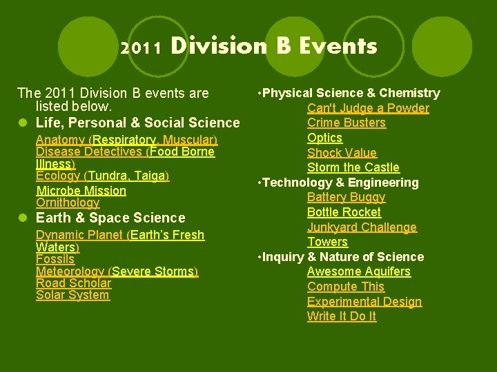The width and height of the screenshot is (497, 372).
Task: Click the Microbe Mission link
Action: pyautogui.click(x=81, y=191)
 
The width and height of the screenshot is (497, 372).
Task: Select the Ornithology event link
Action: pyautogui.click(x=68, y=203)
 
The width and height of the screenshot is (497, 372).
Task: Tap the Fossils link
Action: pyautogui.click(x=55, y=259)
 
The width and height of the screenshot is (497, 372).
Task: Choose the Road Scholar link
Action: pyautogui.click(x=73, y=283)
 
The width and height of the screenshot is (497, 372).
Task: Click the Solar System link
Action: pyautogui.click(x=72, y=295)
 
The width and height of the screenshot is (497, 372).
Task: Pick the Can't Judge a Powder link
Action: pyautogui.click(x=368, y=108)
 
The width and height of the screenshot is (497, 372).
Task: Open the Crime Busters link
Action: pyautogui.click(x=346, y=123)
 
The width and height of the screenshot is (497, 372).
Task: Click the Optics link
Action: pyautogui.click(x=324, y=138)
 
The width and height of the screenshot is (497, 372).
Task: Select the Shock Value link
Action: pyautogui.click(x=342, y=153)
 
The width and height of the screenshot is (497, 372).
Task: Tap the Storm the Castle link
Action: pyautogui.click(x=353, y=167)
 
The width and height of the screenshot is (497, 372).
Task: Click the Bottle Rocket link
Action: pyautogui.click(x=344, y=212)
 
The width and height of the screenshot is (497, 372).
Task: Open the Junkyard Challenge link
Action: pyautogui.click(x=362, y=227)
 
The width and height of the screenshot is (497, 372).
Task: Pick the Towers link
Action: pyautogui.click(x=327, y=242)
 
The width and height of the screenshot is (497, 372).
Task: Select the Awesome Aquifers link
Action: pyautogui.click(x=358, y=271)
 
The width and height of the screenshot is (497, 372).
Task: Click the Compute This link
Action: pyautogui.click(x=345, y=287)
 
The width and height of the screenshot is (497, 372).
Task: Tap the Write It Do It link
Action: pyautogui.click(x=342, y=316)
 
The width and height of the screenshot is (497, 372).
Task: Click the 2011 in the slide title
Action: pyautogui.click(x=141, y=48)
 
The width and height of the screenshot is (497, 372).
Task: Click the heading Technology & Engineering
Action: pyautogui.click(x=339, y=183)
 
